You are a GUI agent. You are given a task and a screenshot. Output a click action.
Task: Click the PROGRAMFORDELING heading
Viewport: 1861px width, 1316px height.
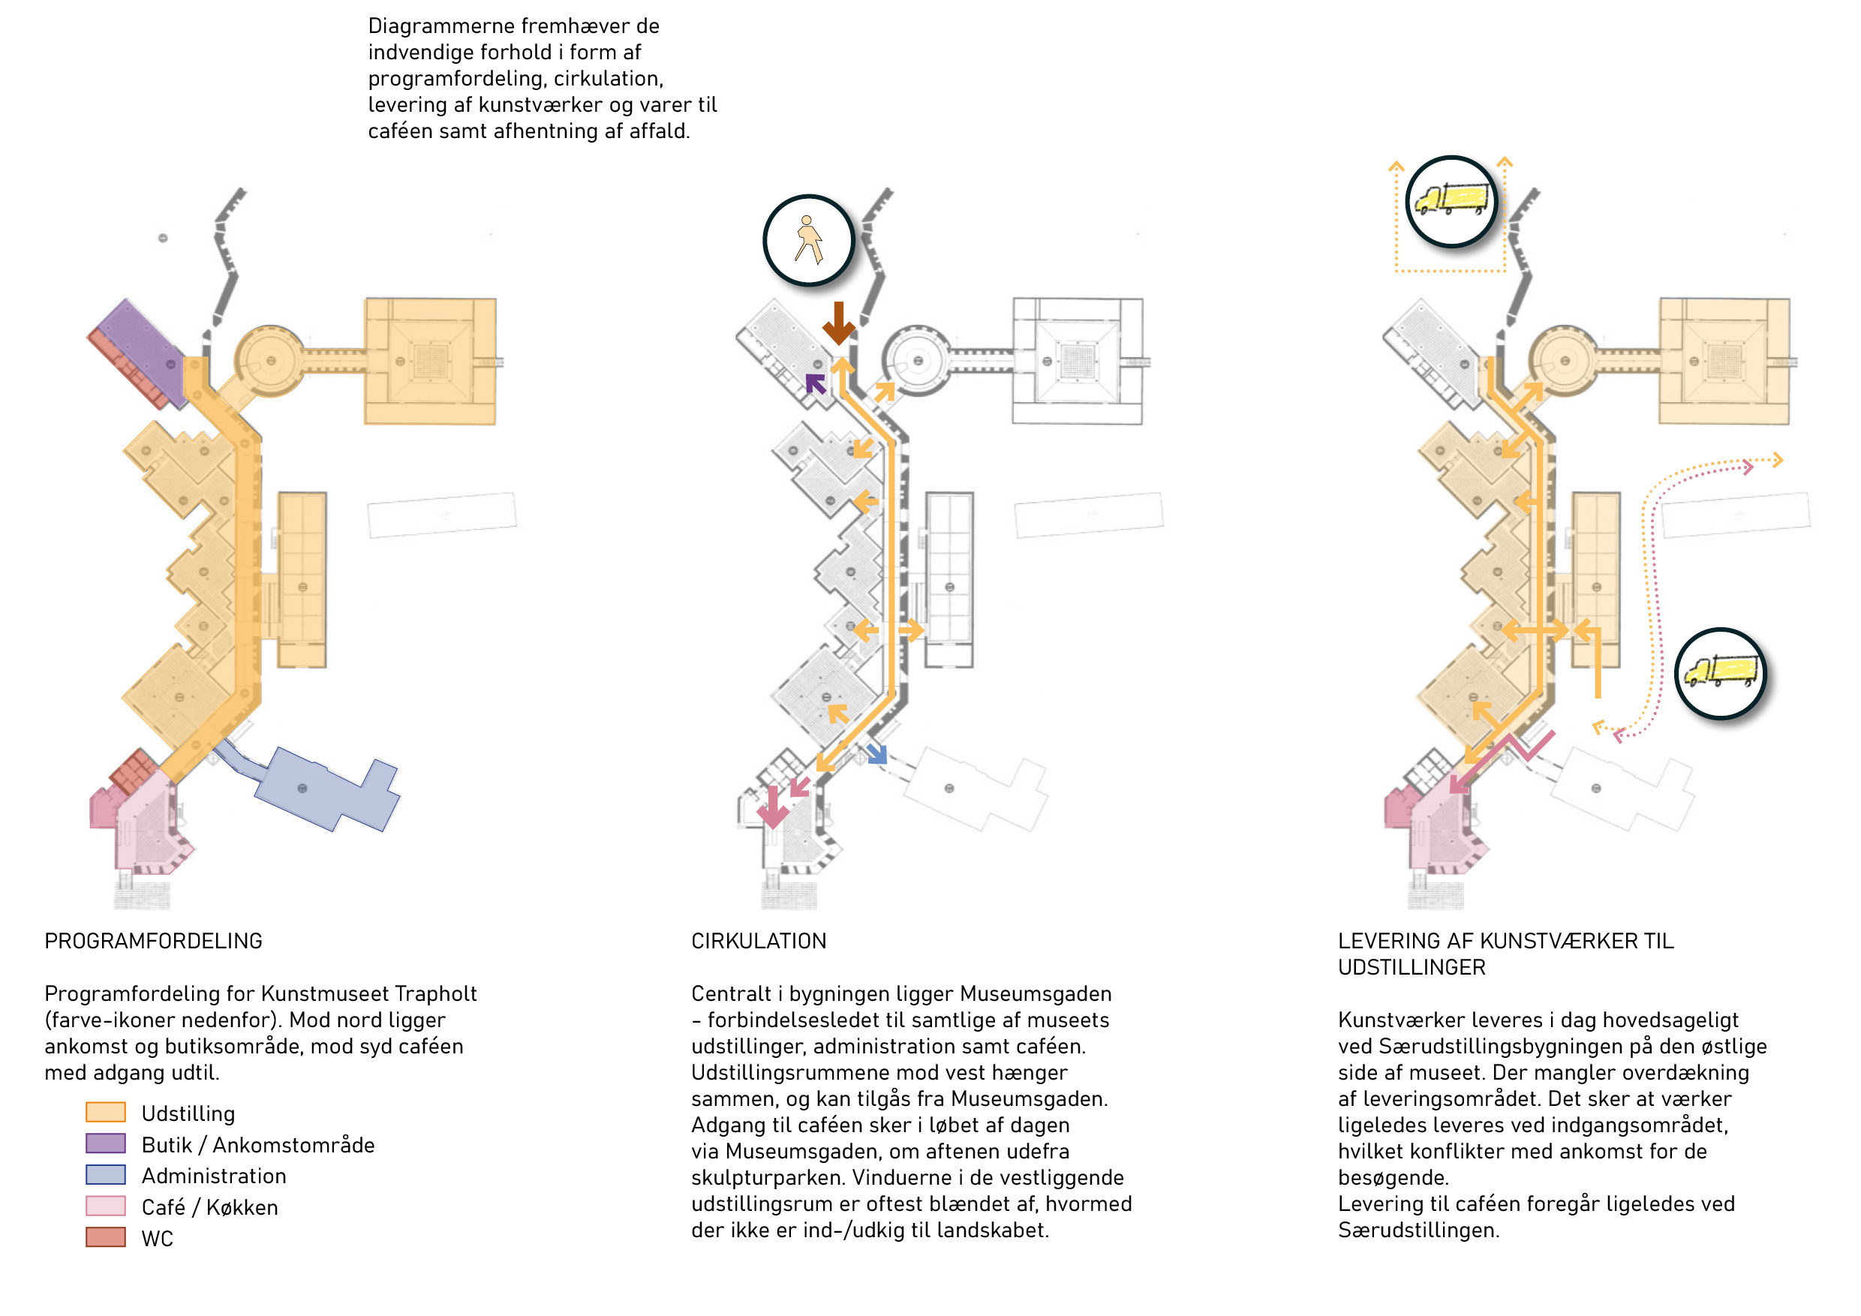click(153, 941)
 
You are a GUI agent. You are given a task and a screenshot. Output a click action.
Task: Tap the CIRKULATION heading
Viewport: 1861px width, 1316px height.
click(758, 941)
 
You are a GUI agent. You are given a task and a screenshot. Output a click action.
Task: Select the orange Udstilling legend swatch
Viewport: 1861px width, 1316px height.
click(105, 1112)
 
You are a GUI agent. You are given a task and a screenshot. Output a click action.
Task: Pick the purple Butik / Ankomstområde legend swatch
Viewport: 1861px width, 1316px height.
click(105, 1143)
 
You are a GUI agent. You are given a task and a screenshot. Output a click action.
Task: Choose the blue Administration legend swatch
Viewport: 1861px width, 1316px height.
click(105, 1174)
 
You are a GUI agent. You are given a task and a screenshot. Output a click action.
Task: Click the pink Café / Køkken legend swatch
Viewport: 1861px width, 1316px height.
click(105, 1206)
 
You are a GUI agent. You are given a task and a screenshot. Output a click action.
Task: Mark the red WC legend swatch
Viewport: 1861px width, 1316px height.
click(105, 1236)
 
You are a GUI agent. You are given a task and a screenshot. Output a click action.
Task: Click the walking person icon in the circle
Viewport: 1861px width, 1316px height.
click(808, 240)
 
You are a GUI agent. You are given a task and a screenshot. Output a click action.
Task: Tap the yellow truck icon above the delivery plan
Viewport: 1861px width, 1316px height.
click(1451, 200)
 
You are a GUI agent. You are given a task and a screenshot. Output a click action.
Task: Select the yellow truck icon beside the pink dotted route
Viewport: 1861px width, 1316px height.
click(1720, 672)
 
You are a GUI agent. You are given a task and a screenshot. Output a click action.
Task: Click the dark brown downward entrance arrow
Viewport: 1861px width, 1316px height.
click(838, 323)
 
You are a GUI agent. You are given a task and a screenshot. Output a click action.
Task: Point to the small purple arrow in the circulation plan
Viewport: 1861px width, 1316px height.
click(816, 383)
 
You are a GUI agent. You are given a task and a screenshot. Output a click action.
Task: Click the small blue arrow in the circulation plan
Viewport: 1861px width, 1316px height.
click(877, 753)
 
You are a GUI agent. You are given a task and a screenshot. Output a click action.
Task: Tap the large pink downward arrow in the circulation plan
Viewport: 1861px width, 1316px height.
click(772, 807)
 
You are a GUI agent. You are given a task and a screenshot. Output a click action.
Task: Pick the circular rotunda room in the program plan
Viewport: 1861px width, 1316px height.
click(270, 361)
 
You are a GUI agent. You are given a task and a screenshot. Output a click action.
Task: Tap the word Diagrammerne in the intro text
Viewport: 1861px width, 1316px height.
click(441, 26)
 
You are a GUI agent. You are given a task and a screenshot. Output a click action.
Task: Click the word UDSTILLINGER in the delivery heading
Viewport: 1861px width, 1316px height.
click(1412, 968)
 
